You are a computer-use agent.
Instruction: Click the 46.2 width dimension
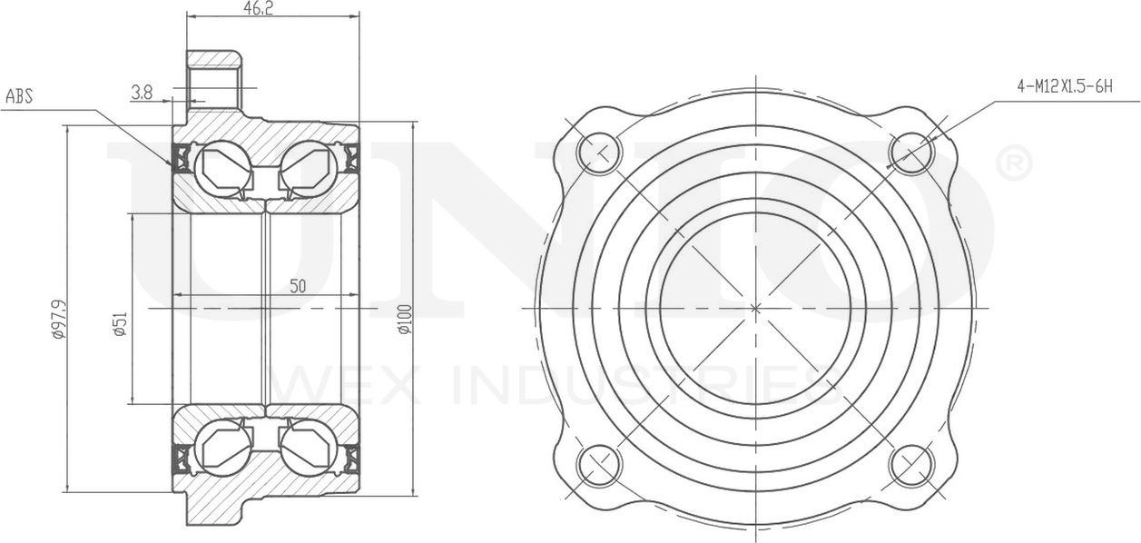(x=257, y=8)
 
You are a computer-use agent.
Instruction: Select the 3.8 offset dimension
(x=142, y=93)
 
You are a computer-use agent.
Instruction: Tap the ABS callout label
(x=19, y=96)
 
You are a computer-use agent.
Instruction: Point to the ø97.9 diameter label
(x=59, y=319)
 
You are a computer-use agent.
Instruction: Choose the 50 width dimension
(x=298, y=286)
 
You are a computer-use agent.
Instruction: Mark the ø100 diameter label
(x=405, y=319)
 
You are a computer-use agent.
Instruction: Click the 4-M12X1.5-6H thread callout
(x=1065, y=86)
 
